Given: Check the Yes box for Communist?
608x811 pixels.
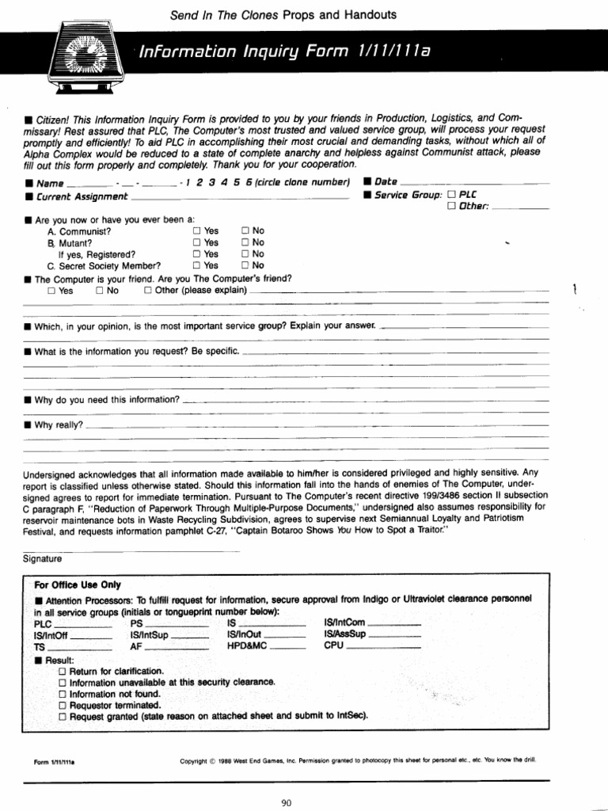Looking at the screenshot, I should click(x=196, y=230).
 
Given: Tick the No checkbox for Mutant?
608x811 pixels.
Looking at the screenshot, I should click(x=245, y=242).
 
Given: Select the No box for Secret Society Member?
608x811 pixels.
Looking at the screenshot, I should click(x=245, y=265).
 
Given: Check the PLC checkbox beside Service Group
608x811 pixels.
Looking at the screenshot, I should click(x=451, y=194).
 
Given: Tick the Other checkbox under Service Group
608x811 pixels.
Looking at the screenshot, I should click(x=451, y=206).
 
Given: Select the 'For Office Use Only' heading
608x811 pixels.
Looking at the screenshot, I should click(x=78, y=584).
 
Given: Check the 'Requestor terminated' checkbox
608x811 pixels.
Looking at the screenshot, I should click(x=63, y=704).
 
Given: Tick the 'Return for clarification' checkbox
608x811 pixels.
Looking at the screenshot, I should click(x=63, y=671).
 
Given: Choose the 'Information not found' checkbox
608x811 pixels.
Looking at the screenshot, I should click(x=63, y=693).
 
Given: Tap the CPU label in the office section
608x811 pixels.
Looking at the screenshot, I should click(x=333, y=645).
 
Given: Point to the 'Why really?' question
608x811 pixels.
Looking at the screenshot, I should click(x=58, y=425).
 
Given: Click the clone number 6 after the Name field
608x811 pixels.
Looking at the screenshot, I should click(x=249, y=182).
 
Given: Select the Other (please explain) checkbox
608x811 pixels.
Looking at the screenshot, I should click(x=148, y=290).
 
